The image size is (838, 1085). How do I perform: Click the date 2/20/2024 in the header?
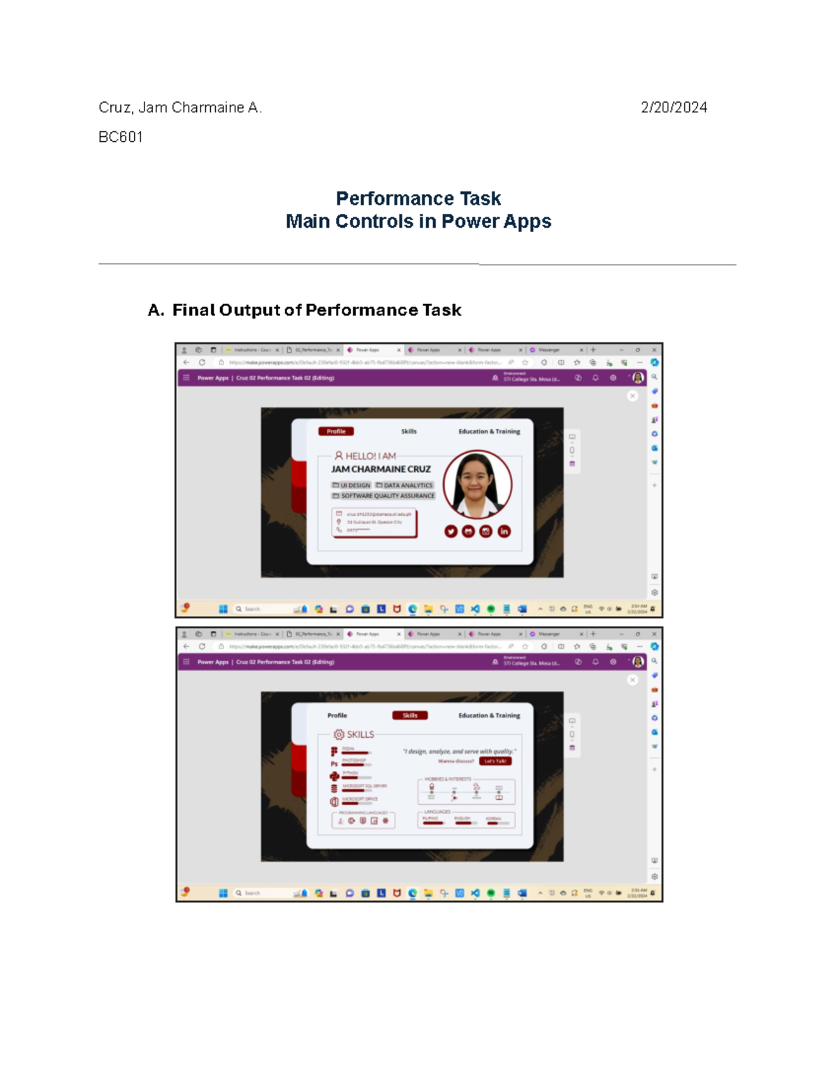(x=673, y=108)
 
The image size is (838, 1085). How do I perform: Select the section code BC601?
(x=121, y=137)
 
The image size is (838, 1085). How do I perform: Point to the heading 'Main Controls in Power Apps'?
(x=418, y=221)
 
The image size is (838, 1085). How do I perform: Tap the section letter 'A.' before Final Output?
(x=156, y=310)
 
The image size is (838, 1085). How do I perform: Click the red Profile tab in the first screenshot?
(x=336, y=432)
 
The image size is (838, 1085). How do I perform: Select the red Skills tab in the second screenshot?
(x=410, y=715)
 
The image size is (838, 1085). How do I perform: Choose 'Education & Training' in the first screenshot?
(x=489, y=432)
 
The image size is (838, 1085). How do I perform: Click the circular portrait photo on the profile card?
(x=478, y=485)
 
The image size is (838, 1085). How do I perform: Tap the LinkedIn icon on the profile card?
(x=504, y=532)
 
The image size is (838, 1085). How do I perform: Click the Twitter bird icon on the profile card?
(x=451, y=532)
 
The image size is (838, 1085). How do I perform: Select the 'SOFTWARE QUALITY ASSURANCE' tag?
(x=383, y=496)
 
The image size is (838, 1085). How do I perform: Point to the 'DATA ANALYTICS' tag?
(x=404, y=486)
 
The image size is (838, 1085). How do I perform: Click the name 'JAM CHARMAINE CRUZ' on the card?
(x=381, y=469)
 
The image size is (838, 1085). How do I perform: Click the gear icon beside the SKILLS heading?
(x=339, y=734)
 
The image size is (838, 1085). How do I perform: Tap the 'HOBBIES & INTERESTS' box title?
(x=448, y=779)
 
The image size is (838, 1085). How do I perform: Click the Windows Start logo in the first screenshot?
(x=223, y=609)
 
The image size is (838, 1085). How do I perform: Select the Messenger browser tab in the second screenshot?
(x=549, y=634)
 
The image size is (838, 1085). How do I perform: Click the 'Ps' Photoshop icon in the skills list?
(x=334, y=764)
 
